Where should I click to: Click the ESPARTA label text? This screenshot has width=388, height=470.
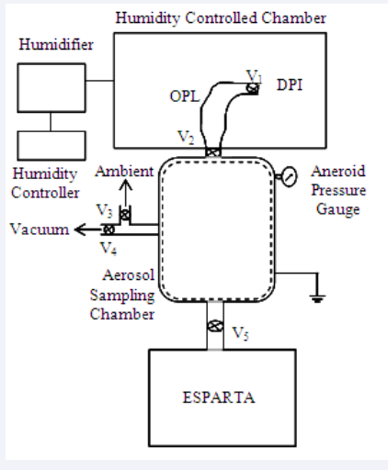coord(219,397)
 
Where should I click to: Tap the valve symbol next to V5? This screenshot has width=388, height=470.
coord(215,326)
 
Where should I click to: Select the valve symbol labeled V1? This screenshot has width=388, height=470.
coord(252,88)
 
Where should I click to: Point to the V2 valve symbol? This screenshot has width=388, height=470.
coord(212,152)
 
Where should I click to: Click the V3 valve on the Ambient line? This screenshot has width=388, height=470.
coord(125,214)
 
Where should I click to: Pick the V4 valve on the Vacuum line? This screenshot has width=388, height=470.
coord(108,229)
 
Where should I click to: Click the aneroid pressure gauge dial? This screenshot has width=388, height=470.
coord(289,176)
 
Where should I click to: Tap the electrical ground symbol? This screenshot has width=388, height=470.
coord(317,298)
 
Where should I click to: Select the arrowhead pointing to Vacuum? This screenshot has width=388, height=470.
coord(80,229)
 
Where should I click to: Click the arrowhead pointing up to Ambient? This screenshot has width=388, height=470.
coord(126,185)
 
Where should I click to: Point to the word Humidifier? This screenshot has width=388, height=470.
coord(56,45)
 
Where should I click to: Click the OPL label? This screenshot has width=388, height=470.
coord(185,96)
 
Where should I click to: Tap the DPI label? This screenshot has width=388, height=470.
coord(290,84)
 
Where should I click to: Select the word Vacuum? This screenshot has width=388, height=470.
coord(40,229)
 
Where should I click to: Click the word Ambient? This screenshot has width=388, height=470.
coord(124,172)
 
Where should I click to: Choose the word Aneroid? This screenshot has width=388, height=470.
coord(338,172)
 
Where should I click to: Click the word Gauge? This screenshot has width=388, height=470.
coord(338,210)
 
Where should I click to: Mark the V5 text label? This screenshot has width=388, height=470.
coord(240,333)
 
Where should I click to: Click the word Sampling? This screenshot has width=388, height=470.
coord(122,296)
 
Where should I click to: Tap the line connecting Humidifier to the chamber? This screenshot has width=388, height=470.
coord(99,81)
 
